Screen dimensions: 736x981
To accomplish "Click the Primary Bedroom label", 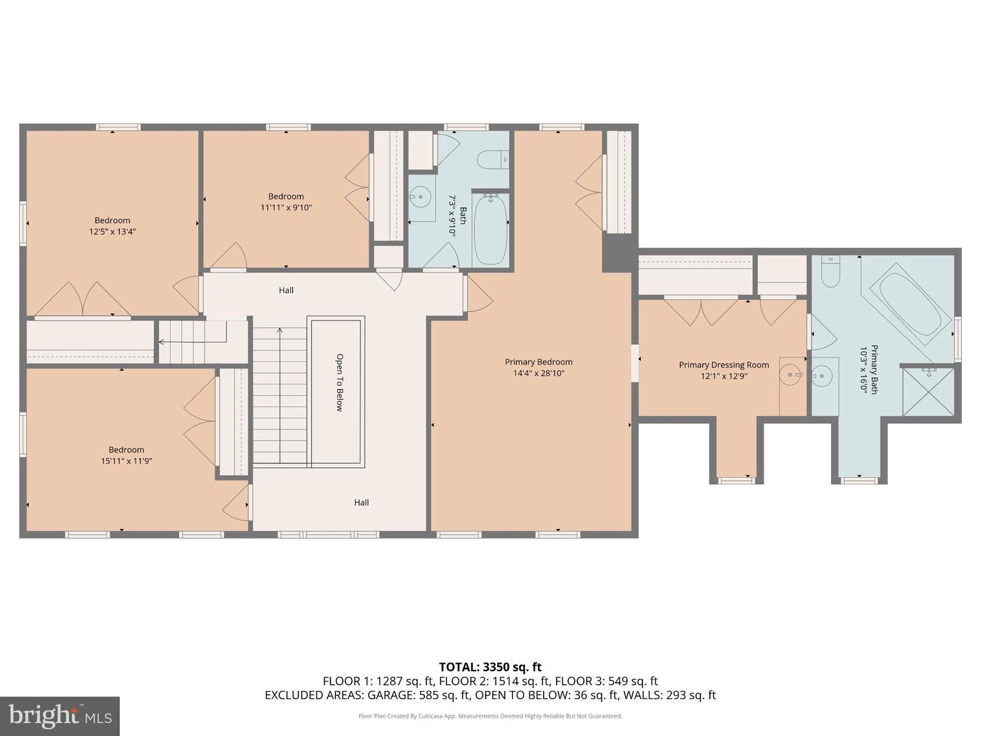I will pos(538,362).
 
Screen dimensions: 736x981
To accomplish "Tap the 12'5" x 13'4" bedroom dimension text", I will pos(112,232).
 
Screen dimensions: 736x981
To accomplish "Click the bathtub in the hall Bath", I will pos(490,229).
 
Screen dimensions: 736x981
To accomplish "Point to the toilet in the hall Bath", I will pos(493,160).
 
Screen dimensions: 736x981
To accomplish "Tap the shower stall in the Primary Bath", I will pos(929,393).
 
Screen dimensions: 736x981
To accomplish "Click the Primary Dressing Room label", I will pos(723,365).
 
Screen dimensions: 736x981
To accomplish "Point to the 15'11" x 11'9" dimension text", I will pos(126,461).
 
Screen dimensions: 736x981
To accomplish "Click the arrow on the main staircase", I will pos(279,333).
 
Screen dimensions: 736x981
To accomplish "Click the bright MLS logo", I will pos(60,716).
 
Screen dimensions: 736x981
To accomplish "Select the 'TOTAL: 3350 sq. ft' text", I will pos(490,667).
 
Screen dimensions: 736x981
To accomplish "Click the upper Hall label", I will pos(286,290).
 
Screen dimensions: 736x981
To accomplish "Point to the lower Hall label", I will pos(361,502).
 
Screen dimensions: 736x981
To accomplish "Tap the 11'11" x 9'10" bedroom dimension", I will pos(285,208).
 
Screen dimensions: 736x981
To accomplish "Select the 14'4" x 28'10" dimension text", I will pos(538,373).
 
